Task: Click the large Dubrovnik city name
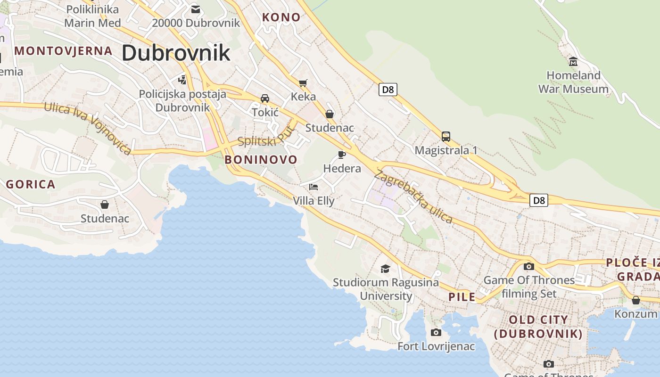point(176,53)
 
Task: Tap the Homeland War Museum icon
point(573,62)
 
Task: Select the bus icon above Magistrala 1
point(446,137)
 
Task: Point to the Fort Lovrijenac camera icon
point(436,333)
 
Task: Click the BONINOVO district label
point(261,160)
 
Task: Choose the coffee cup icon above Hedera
point(342,155)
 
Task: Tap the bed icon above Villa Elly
point(313,187)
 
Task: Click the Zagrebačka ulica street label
point(413,197)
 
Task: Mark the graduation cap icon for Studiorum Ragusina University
point(385,269)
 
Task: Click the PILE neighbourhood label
point(462,297)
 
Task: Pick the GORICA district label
point(31,184)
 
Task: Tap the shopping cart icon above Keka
point(303,83)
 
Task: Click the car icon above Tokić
point(265,98)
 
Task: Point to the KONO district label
point(281,17)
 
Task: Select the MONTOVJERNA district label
point(64,51)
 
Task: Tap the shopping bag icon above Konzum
point(636,300)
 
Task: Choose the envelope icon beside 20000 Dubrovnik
point(196,9)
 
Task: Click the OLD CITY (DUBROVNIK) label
point(538,327)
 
